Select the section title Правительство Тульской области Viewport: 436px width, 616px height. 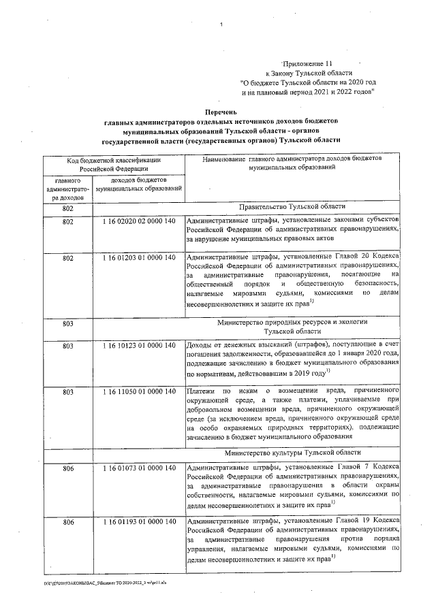(x=292, y=207)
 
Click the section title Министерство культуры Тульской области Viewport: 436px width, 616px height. (x=292, y=451)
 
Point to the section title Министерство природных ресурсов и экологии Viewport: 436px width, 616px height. (x=292, y=320)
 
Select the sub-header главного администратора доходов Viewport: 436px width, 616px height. (x=67, y=188)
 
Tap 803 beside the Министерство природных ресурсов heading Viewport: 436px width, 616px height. (x=67, y=324)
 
